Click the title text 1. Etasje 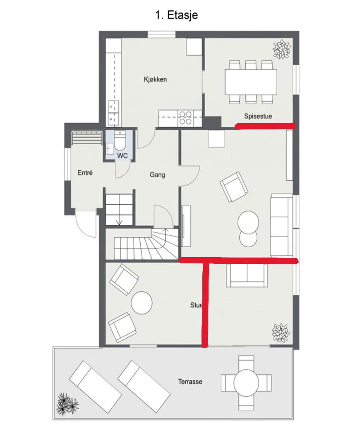tap(176, 15)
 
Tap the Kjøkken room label tap(155, 79)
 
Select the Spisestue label tap(258, 116)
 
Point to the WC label tap(122, 155)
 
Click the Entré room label tap(85, 172)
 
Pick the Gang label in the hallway tap(157, 175)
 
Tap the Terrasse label tap(190, 382)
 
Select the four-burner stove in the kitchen tap(185, 118)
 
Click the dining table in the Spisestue tap(251, 82)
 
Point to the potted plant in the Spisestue tap(281, 49)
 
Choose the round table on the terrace tap(246, 383)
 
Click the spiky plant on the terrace tap(67, 404)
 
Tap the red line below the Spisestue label tap(266, 126)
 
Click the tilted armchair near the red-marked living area tap(234, 186)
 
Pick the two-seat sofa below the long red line tap(247, 275)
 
